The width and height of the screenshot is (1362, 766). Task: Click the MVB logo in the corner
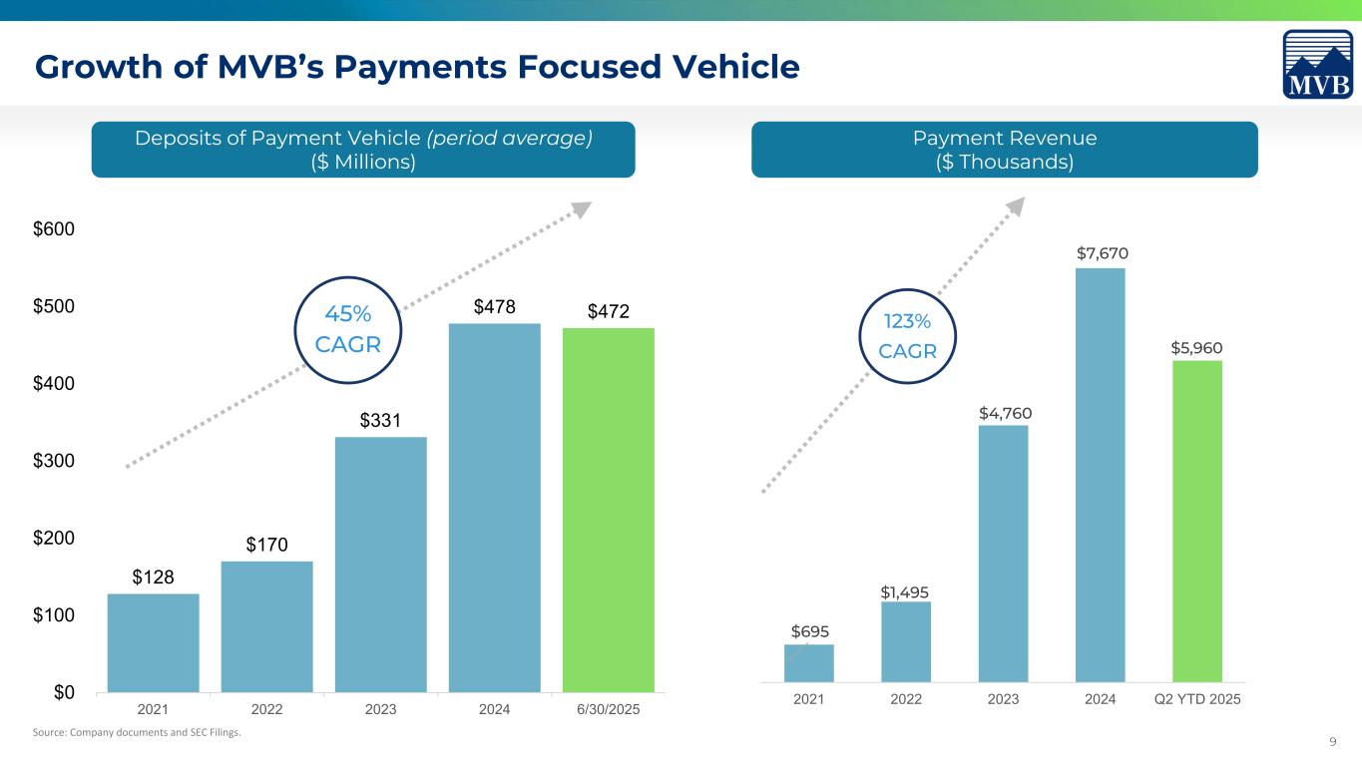pyautogui.click(x=1318, y=65)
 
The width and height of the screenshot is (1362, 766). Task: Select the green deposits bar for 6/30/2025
pyautogui.click(x=609, y=510)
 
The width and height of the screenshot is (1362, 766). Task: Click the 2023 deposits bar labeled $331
pyautogui.click(x=381, y=565)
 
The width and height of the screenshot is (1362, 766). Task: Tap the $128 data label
pyautogui.click(x=153, y=576)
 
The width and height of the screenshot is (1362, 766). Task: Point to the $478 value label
pyautogui.click(x=495, y=306)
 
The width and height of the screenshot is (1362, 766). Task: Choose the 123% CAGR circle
pyautogui.click(x=908, y=335)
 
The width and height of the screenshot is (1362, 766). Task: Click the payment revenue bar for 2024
pyautogui.click(x=1100, y=475)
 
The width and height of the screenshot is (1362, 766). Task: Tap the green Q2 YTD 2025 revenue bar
pyautogui.click(x=1197, y=521)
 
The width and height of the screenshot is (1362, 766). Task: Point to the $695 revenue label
pyautogui.click(x=810, y=630)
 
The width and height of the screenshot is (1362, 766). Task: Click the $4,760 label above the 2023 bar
pyautogui.click(x=1004, y=412)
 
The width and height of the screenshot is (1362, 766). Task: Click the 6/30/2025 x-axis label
pyautogui.click(x=609, y=709)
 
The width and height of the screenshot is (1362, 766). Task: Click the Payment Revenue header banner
pyautogui.click(x=1004, y=150)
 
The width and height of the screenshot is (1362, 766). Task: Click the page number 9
pyautogui.click(x=1334, y=740)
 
